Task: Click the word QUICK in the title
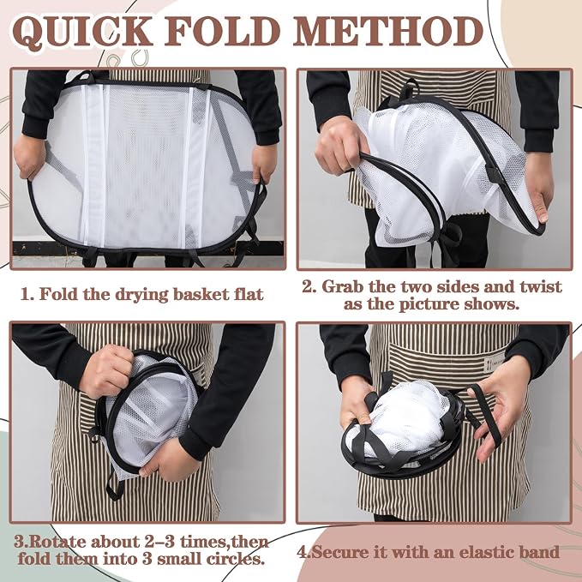click(x=82, y=32)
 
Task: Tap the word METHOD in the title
click(x=388, y=31)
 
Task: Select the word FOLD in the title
click(x=223, y=31)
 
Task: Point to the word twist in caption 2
click(x=541, y=286)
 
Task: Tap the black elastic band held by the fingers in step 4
click(x=484, y=416)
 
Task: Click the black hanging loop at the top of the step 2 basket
click(x=410, y=89)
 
